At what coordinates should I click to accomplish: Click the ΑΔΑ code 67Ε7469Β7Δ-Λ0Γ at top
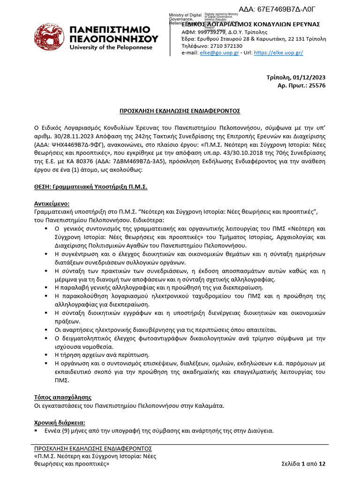point(282,9)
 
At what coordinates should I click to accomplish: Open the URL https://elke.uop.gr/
point(278,53)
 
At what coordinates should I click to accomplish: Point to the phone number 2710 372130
point(227,46)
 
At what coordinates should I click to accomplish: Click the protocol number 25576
point(317,85)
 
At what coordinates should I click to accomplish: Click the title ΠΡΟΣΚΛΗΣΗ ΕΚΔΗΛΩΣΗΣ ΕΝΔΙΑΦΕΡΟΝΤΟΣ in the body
point(180,111)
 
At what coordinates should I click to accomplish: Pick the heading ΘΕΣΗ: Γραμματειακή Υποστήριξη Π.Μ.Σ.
point(90,187)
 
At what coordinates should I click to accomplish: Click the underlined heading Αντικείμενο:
point(52,204)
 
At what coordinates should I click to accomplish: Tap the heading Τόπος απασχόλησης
point(62,397)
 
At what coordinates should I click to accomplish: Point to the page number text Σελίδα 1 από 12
point(303,464)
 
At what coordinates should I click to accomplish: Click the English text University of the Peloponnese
point(111,47)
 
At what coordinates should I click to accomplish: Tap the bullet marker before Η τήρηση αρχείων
point(46,354)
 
